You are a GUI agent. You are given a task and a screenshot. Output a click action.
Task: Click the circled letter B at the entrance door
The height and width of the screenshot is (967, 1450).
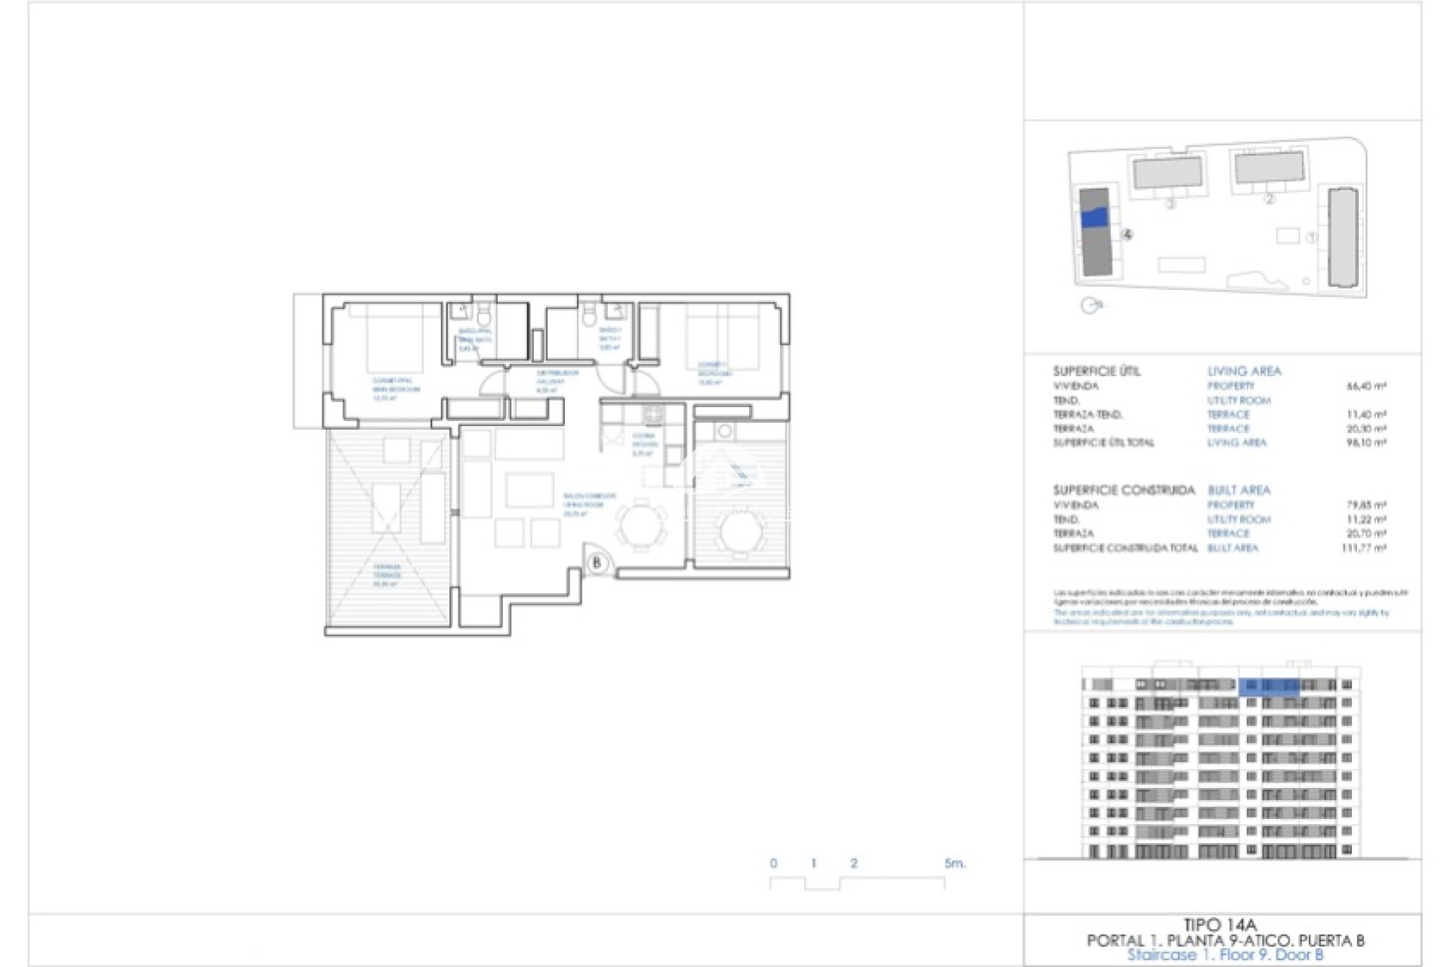click(597, 563)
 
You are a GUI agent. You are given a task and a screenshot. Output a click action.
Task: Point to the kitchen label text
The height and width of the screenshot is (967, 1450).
click(644, 444)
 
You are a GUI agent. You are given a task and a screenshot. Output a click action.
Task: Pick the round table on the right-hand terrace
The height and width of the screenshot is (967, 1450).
click(741, 532)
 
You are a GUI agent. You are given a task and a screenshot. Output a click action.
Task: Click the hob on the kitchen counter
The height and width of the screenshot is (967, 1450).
click(652, 414)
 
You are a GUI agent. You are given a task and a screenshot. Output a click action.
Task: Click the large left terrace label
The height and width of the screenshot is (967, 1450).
click(387, 574)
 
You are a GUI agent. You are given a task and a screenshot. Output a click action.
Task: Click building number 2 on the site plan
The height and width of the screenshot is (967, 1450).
click(1269, 199)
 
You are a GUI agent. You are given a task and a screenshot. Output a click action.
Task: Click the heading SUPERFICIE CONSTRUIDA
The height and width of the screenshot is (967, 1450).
click(1124, 490)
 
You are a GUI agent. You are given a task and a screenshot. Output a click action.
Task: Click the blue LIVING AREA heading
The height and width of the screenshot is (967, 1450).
click(1244, 371)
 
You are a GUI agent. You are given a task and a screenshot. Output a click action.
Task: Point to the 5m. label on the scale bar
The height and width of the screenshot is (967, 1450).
click(955, 863)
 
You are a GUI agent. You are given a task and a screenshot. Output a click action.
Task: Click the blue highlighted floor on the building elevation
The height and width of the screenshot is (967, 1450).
click(1269, 686)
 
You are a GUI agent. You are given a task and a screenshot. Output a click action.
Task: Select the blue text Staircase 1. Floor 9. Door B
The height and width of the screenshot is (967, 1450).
click(1225, 955)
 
